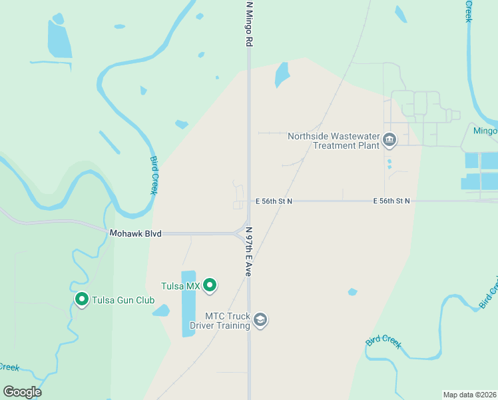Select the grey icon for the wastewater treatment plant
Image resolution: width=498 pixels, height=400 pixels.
(389, 141)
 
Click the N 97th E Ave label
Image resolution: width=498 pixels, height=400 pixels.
(249, 251)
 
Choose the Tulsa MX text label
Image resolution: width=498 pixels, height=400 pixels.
(180, 286)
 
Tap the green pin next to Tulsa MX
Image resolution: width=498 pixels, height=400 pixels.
(210, 285)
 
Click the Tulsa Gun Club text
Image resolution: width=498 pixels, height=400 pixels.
(123, 300)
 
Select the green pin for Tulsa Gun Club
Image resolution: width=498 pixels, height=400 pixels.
(82, 300)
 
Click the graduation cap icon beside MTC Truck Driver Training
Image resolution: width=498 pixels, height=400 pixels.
(260, 321)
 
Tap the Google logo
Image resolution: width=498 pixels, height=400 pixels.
(22, 391)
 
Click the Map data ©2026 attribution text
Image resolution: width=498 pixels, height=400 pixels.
(470, 394)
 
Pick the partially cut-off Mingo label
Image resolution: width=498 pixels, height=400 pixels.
(485, 131)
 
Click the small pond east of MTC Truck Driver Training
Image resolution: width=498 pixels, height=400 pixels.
(352, 291)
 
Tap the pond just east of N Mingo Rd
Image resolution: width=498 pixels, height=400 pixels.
(282, 75)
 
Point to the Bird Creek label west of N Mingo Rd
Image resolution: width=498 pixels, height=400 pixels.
(154, 175)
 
